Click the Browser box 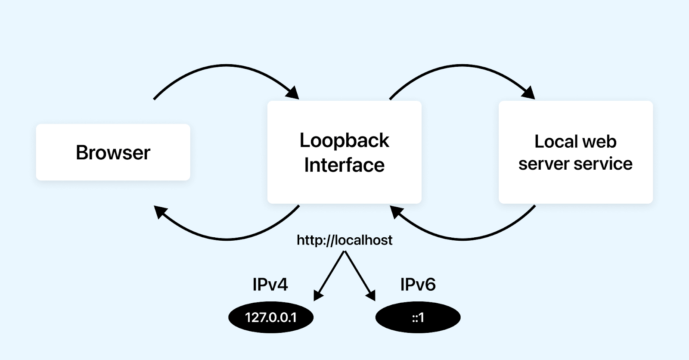click(x=113, y=152)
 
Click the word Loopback click(x=344, y=140)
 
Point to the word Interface click(x=344, y=165)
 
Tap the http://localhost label click(x=344, y=240)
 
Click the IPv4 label click(x=270, y=285)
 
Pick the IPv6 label click(x=418, y=285)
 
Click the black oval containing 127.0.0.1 click(x=271, y=317)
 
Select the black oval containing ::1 click(x=418, y=317)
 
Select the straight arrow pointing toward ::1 click(x=359, y=276)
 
